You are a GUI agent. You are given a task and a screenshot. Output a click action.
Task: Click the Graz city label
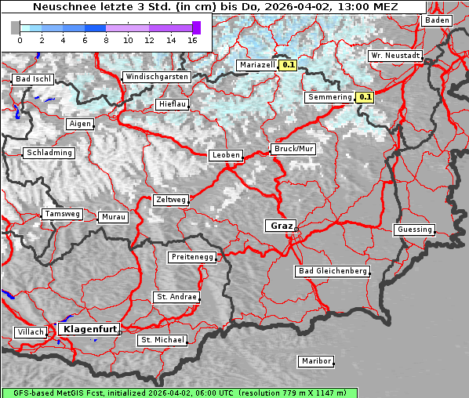(x=281, y=226)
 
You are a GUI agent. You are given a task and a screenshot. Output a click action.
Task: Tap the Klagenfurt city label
(x=89, y=329)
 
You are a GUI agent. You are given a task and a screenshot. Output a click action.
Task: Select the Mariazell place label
(x=257, y=66)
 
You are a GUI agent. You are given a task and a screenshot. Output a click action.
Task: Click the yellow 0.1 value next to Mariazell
(x=288, y=66)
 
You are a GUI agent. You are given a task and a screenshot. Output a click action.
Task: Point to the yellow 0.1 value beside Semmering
(x=365, y=97)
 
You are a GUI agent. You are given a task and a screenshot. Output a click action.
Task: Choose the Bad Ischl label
(x=33, y=79)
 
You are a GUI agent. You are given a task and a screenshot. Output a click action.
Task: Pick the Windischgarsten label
(x=156, y=77)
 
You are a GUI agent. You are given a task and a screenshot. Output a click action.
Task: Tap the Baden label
(x=437, y=20)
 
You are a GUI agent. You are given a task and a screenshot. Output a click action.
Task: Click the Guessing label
(x=414, y=230)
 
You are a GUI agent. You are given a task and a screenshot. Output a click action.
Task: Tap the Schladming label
(x=49, y=153)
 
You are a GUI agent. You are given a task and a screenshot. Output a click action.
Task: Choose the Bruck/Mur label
(x=293, y=148)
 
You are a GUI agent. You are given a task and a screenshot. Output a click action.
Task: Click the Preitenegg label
(x=192, y=257)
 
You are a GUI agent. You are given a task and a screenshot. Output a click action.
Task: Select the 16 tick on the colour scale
(x=193, y=39)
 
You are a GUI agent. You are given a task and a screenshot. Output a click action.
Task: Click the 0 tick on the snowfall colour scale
(x=20, y=39)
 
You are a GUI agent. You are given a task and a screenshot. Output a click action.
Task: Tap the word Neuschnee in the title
(x=60, y=7)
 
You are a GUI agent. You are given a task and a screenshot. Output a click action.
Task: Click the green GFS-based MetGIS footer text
(x=179, y=393)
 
